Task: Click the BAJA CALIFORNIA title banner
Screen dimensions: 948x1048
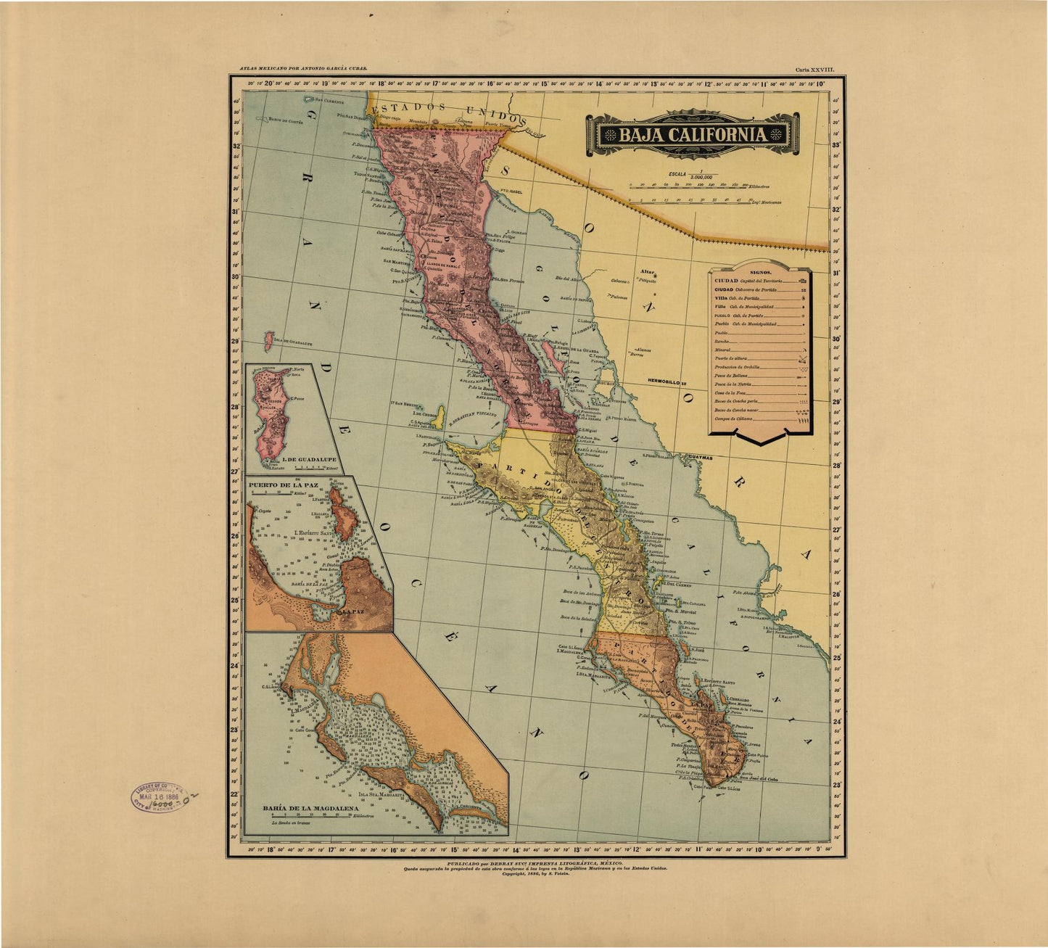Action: click(x=693, y=134)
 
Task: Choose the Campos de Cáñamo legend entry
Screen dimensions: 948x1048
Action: click(x=733, y=419)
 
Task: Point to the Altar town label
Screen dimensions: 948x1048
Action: click(x=646, y=273)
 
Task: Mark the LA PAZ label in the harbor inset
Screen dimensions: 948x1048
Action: click(x=353, y=611)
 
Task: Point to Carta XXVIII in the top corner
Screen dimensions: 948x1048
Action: click(x=815, y=70)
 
